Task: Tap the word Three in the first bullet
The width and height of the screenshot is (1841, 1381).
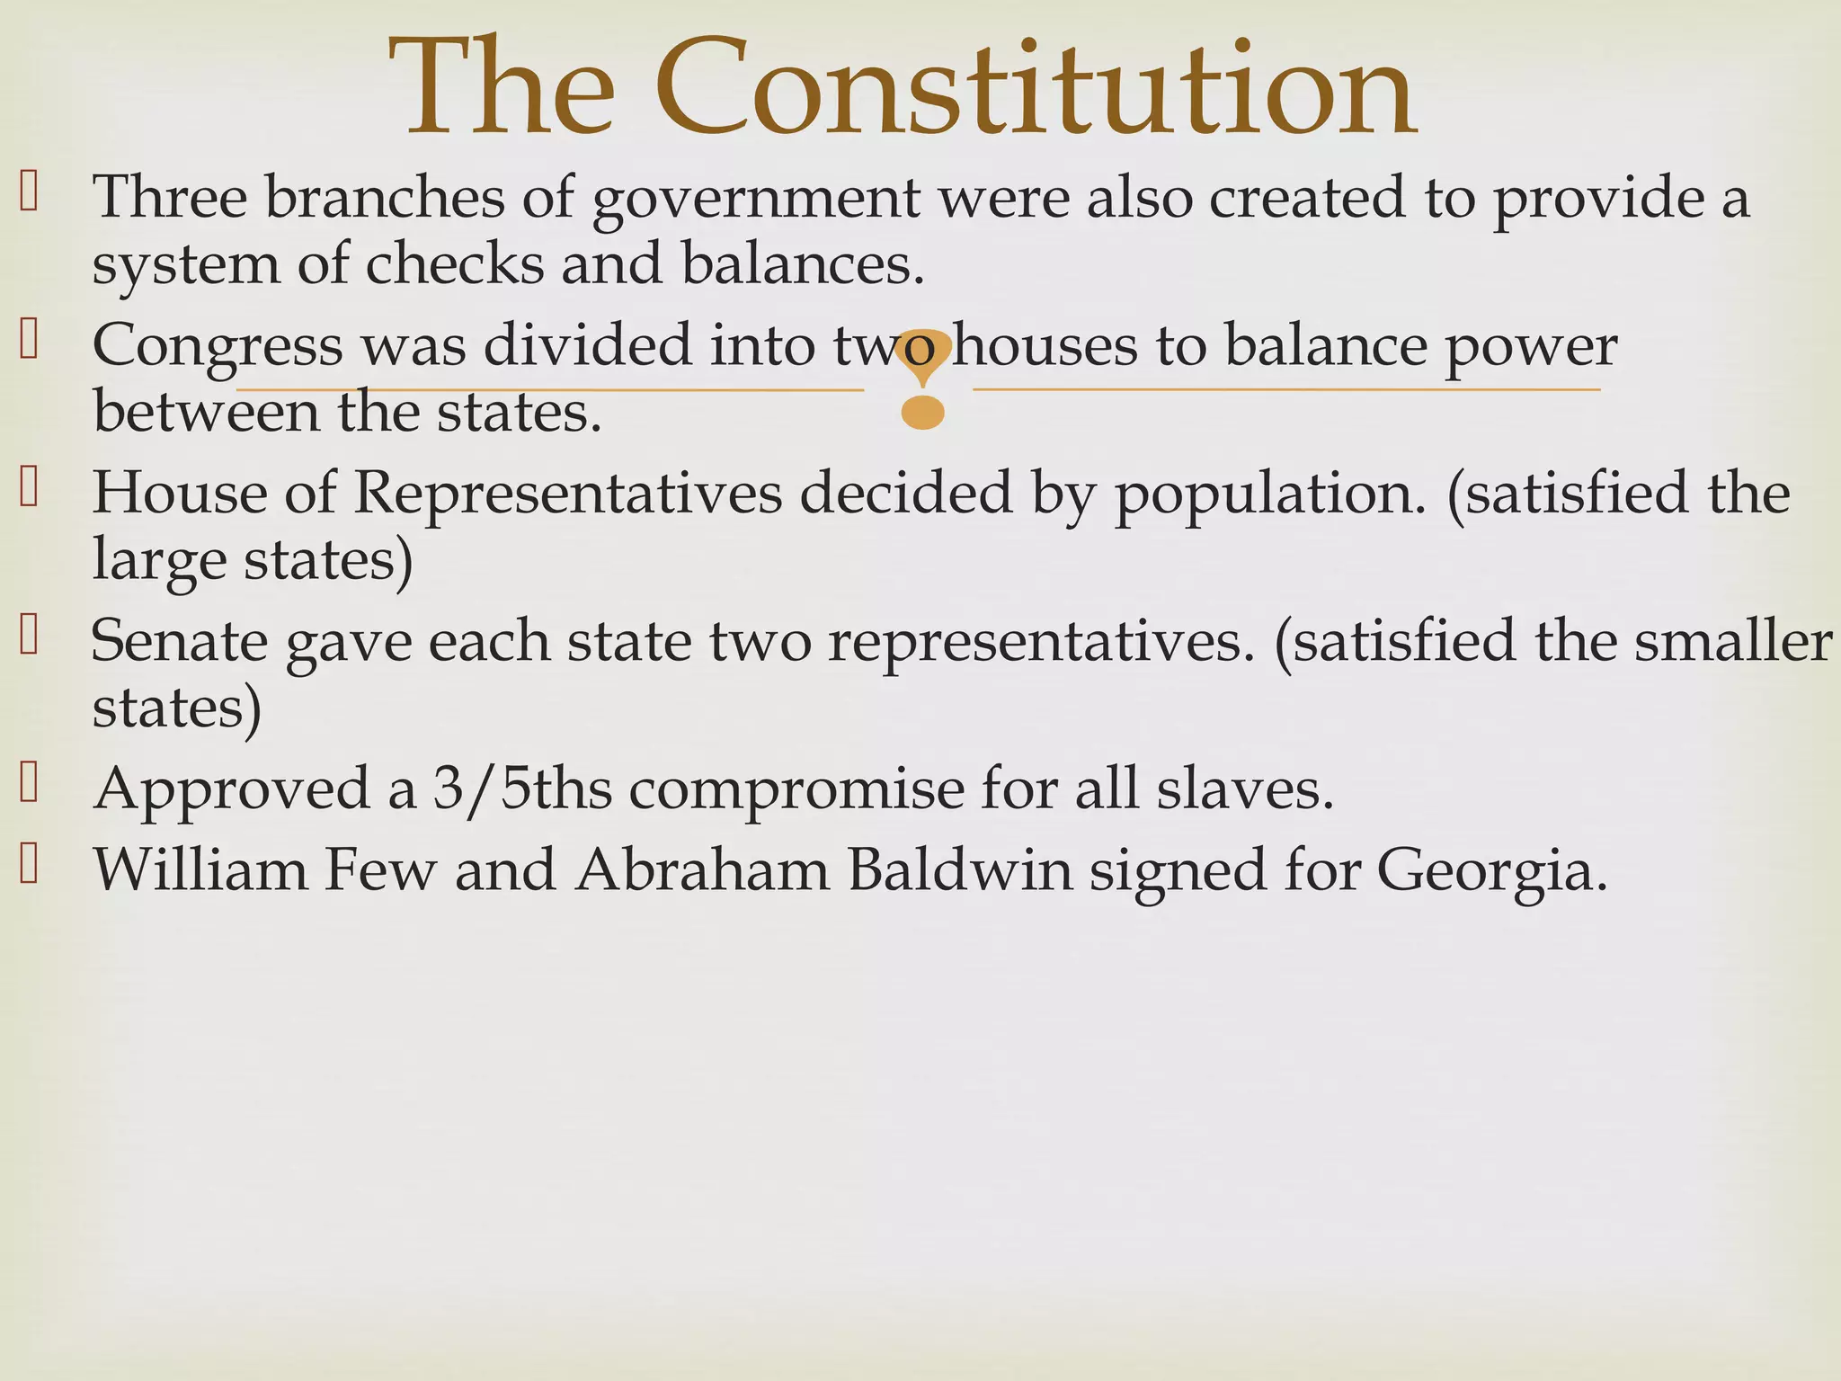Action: pyautogui.click(x=170, y=197)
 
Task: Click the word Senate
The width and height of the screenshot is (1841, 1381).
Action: pyautogui.click(x=180, y=642)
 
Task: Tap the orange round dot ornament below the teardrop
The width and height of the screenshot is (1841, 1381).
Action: pyautogui.click(x=923, y=413)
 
